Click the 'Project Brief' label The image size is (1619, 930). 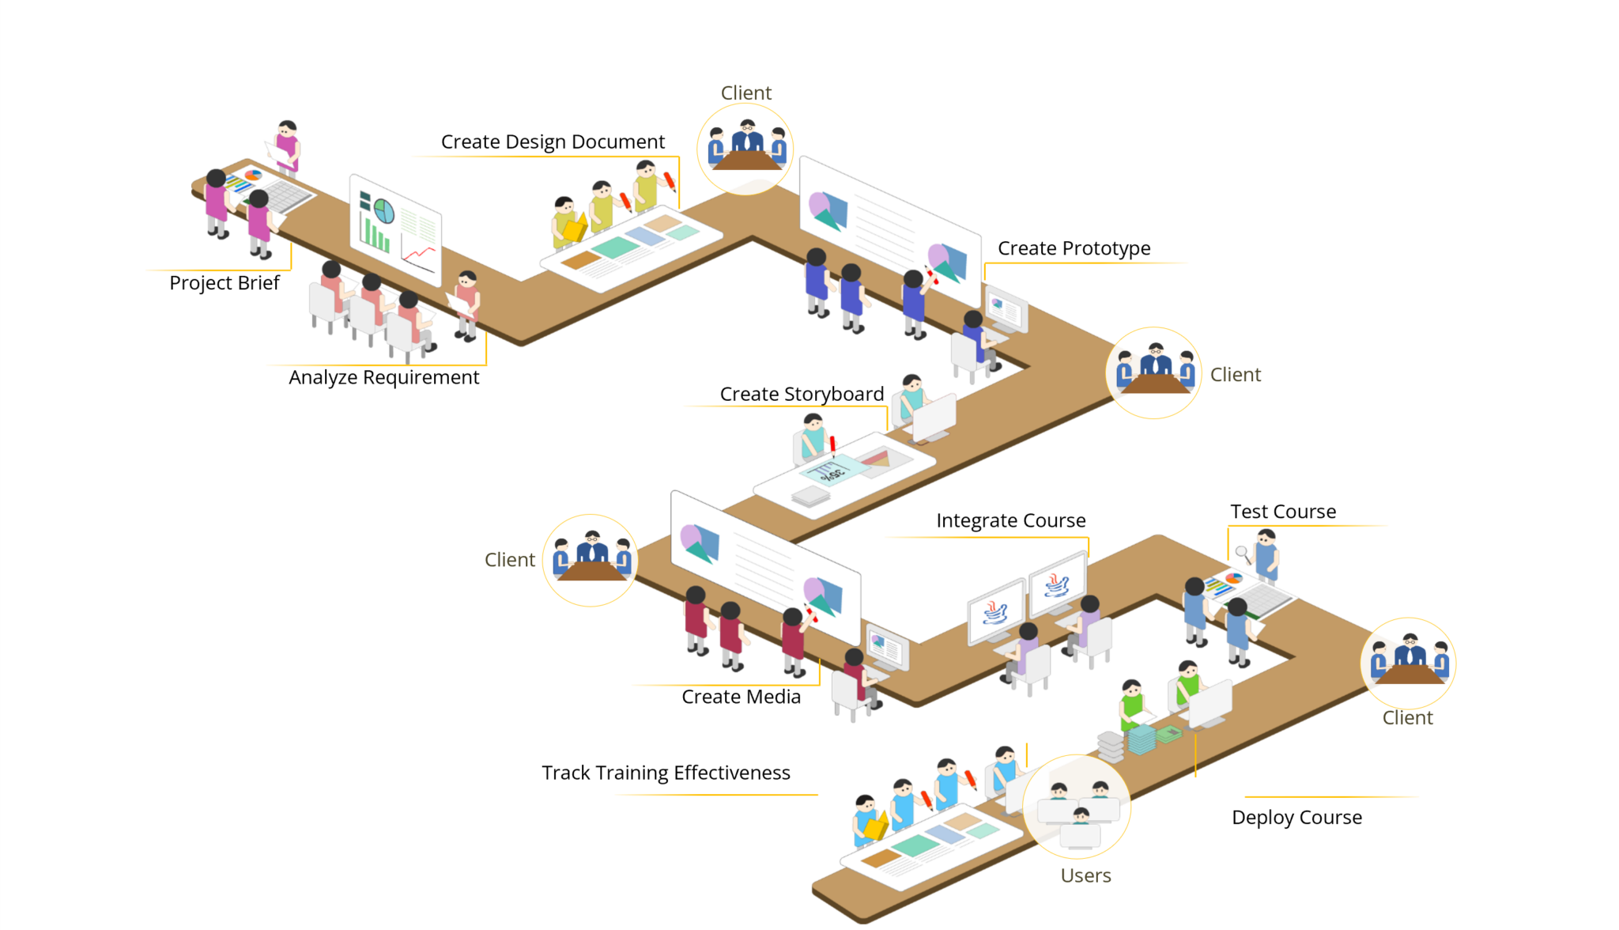point(224,283)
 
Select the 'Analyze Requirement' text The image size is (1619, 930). point(383,377)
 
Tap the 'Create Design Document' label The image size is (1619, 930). point(553,142)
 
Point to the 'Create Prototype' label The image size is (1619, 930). point(1074,248)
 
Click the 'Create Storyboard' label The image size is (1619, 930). point(802,394)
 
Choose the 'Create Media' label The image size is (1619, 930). point(741,697)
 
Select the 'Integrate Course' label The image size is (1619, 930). point(1010,520)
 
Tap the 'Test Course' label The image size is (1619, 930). point(1283,512)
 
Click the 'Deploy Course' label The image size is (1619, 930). point(1296,817)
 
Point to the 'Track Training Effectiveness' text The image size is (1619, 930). point(666,773)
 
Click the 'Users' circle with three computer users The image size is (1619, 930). point(1077,807)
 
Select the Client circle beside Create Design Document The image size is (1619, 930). point(745,148)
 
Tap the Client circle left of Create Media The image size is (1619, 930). point(591,560)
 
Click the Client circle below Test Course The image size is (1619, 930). point(1408,663)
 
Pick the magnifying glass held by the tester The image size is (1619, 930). point(1242,553)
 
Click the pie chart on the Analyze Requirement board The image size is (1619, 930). point(384,211)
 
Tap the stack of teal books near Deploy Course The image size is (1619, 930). point(1142,739)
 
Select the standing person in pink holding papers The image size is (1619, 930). point(288,148)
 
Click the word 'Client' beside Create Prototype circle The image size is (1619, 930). point(1235,375)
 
